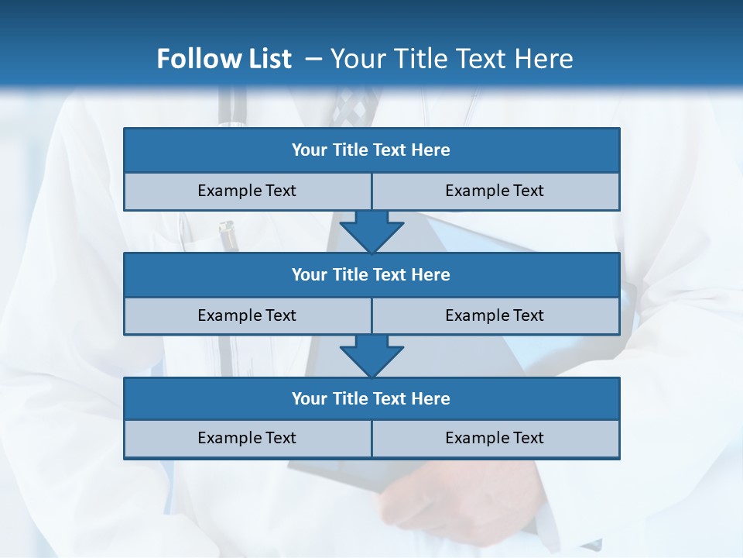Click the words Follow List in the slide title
224,59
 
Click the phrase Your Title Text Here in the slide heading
452,59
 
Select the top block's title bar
371,150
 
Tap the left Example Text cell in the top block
247,191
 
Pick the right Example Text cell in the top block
495,191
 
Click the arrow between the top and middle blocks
371,232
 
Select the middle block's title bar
371,274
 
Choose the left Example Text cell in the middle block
247,315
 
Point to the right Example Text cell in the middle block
495,315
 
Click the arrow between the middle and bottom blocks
371,356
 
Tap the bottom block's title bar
371,398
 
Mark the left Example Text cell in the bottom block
247,438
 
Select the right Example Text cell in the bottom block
495,438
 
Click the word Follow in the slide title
195,59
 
